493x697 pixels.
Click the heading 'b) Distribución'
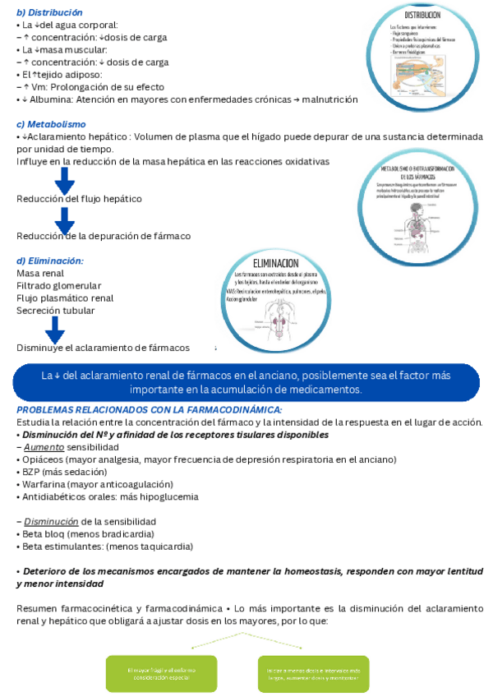[49, 13]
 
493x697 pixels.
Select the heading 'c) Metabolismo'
[50, 124]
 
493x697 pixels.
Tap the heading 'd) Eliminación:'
[50, 261]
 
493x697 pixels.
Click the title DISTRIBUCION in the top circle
[422, 15]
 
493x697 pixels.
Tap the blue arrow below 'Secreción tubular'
[55, 329]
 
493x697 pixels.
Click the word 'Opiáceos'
[45, 459]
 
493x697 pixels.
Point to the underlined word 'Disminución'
[51, 521]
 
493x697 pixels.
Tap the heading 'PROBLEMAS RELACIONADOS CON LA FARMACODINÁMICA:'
[150, 409]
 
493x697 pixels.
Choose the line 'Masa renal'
[40, 273]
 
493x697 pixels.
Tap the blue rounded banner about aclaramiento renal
[246, 381]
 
